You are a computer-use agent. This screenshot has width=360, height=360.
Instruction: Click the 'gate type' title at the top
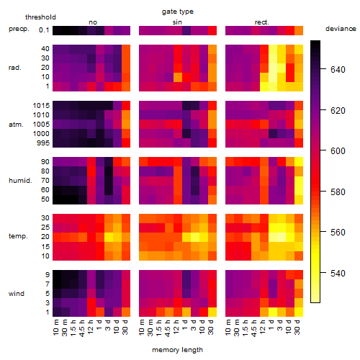tap(178, 12)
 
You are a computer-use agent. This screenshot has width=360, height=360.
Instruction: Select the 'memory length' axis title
tap(177, 350)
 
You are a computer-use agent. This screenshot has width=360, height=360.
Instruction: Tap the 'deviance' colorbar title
tap(341, 29)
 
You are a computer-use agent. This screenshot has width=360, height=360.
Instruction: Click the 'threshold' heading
tap(40, 17)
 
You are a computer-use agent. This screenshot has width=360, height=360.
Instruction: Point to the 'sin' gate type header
tap(177, 22)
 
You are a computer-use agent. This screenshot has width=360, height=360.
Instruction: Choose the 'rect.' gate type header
tap(261, 22)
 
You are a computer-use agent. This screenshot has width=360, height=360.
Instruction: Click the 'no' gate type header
tap(93, 22)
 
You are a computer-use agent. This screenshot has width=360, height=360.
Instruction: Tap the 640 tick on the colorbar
tap(338, 70)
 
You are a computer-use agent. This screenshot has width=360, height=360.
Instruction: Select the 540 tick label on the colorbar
tap(338, 274)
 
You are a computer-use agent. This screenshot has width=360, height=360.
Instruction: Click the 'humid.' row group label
tap(20, 181)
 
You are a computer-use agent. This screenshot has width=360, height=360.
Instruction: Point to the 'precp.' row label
tap(19, 29)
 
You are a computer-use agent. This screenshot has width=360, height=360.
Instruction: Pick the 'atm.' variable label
tap(16, 125)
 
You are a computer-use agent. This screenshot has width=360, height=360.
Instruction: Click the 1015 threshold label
tap(41, 106)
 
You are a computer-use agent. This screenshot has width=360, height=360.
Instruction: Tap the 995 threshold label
tap(43, 143)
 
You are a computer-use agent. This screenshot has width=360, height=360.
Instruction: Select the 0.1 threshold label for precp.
tap(44, 30)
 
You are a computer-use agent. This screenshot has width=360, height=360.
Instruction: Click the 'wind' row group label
tap(17, 294)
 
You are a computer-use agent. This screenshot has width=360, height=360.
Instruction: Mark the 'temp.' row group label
tap(18, 236)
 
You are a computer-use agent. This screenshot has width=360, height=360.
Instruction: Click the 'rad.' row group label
tap(15, 68)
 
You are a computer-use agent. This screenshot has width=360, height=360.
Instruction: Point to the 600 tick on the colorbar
tap(338, 151)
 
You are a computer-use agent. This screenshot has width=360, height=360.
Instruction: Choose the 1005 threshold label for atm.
tap(41, 125)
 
